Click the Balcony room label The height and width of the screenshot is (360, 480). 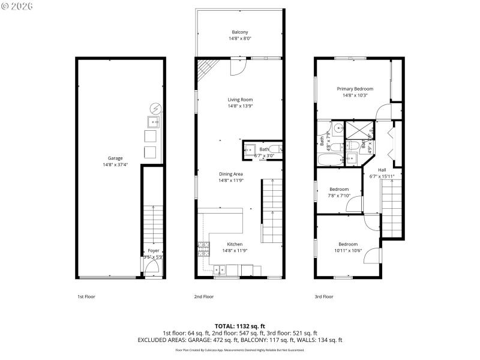point(240,32)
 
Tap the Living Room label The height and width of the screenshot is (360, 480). point(240,100)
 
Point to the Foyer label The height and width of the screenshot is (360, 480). point(154,251)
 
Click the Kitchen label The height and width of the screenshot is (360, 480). point(235,244)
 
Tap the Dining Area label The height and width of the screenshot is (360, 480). point(230,174)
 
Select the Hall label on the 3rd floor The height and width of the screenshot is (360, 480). point(382,170)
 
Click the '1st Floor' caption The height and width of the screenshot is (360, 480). point(86,296)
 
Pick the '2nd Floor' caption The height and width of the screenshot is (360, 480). point(204,296)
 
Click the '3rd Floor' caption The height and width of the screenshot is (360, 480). point(323,296)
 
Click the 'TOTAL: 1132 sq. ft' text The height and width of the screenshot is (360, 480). point(240,326)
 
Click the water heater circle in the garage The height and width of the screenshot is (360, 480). point(155,109)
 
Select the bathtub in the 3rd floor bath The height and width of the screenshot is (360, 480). point(328,159)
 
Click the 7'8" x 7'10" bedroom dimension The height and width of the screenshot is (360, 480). point(338,195)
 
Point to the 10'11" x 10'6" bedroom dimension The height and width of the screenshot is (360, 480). point(348,250)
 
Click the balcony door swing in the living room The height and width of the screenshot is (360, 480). point(238,66)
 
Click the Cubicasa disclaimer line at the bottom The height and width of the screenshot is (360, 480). point(240,350)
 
